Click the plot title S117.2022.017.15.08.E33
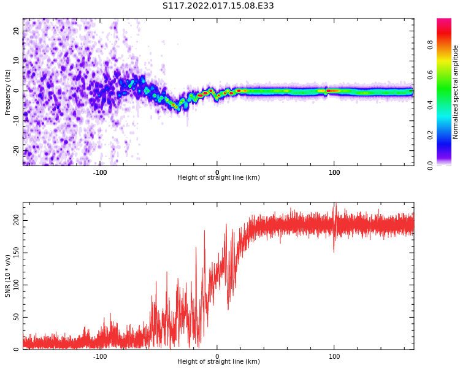[x=218, y=6]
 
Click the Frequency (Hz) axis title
[x=8, y=92]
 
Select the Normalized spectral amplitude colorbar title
[x=456, y=92]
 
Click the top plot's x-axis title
[x=218, y=178]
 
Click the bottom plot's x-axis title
[x=218, y=362]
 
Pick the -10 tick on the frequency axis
[x=15, y=120]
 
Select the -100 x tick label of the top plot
[x=100, y=172]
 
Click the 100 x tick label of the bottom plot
[x=334, y=356]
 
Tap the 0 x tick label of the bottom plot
[x=217, y=356]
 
